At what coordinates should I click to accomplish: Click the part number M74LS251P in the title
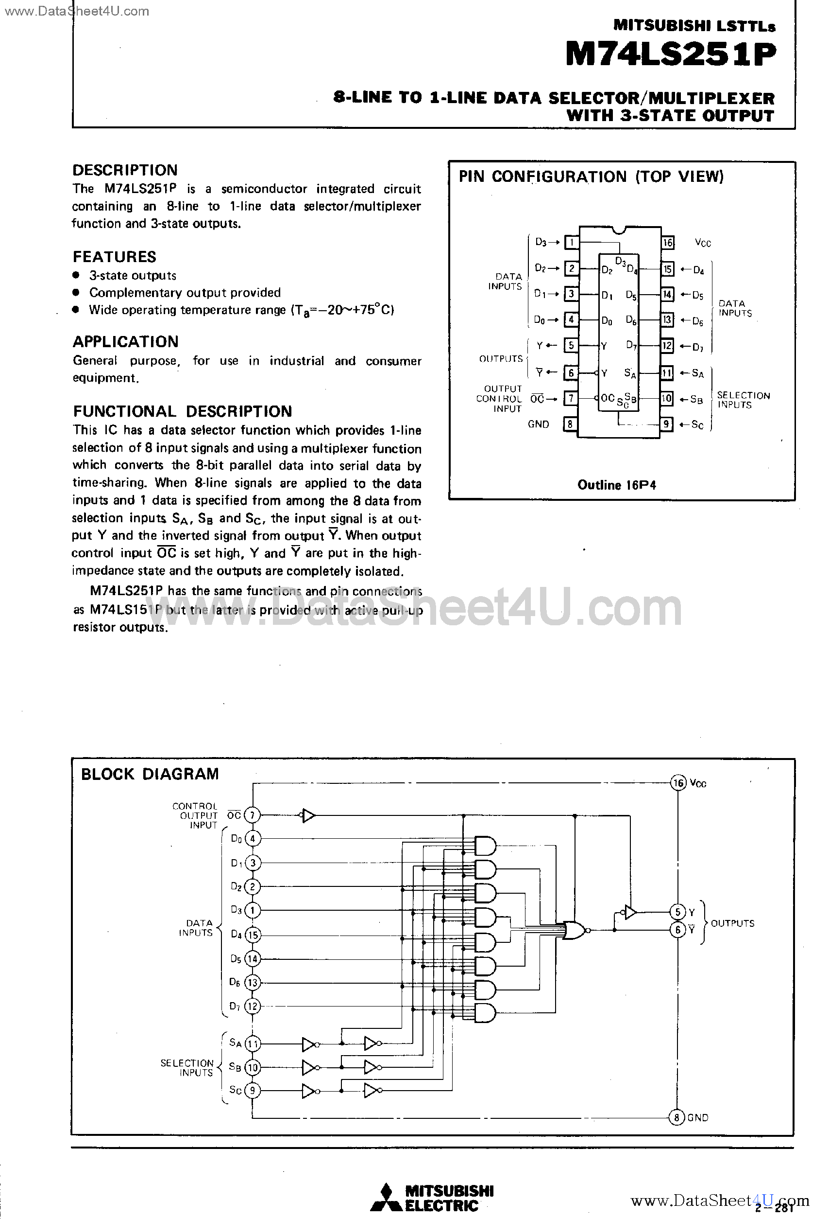(670, 55)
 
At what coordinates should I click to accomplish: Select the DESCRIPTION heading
(125, 170)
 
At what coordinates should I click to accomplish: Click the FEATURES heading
(114, 257)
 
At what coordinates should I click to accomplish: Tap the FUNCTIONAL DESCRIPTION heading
(182, 411)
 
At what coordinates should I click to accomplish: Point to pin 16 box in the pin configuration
(667, 242)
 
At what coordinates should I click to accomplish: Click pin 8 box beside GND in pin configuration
(570, 424)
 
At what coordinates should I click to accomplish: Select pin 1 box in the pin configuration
(571, 242)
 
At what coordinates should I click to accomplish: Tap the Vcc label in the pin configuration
(703, 243)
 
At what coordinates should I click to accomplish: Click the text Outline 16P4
(616, 485)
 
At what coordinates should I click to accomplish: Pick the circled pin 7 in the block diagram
(253, 815)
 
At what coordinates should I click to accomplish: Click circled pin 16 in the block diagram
(678, 783)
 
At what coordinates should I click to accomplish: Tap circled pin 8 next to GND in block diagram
(677, 1117)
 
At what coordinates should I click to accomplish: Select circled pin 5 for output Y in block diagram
(677, 912)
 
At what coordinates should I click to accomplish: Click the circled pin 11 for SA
(253, 1043)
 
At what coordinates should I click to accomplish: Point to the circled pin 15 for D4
(253, 935)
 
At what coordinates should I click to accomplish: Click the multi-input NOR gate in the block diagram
(574, 930)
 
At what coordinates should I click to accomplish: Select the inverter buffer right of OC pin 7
(308, 815)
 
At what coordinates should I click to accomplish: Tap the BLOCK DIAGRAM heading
(150, 774)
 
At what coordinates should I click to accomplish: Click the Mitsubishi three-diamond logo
(386, 1198)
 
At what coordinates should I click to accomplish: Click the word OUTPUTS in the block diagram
(732, 923)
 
